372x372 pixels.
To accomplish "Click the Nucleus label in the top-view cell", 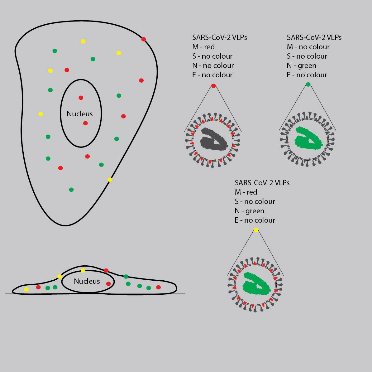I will (x=80, y=114).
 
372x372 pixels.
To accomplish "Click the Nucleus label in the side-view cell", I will (x=87, y=281).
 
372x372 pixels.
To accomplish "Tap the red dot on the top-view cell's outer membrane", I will (x=144, y=39).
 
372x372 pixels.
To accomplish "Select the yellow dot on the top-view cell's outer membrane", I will (x=110, y=180).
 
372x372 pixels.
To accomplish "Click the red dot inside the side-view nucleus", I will (x=108, y=284).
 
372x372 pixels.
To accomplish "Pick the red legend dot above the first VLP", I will (x=213, y=86).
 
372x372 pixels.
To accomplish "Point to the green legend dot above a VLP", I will (x=308, y=84).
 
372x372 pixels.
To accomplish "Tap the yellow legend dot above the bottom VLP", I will (x=256, y=230).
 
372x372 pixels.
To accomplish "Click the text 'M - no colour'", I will (x=308, y=47).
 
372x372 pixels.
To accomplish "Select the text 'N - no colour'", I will (x=213, y=65).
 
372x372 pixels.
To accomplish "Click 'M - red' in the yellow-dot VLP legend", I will (x=246, y=192).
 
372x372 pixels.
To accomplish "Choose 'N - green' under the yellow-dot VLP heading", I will (x=249, y=211).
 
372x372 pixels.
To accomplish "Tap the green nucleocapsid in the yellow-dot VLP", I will (x=256, y=284).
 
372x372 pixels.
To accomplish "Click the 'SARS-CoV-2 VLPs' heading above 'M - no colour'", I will (x=314, y=37).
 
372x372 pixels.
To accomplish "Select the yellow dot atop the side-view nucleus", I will (x=83, y=271).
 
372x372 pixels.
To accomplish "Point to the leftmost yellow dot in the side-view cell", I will (x=26, y=289).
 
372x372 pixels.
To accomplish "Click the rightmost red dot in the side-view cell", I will (x=158, y=287).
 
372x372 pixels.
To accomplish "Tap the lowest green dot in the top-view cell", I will (x=71, y=190).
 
